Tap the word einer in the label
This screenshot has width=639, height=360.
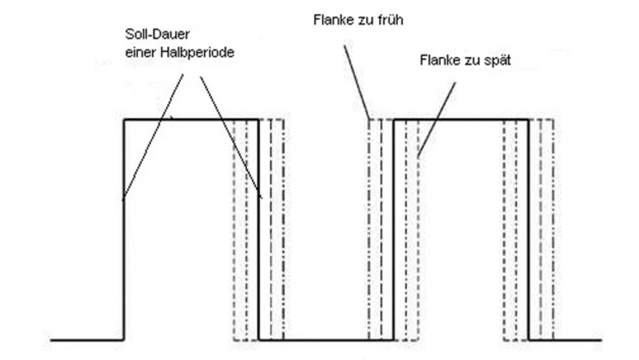tap(138, 52)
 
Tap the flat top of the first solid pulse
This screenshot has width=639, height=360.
tap(200, 119)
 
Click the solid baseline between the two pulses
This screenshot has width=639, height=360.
tap(324, 341)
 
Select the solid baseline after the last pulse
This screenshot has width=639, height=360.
tap(564, 341)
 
